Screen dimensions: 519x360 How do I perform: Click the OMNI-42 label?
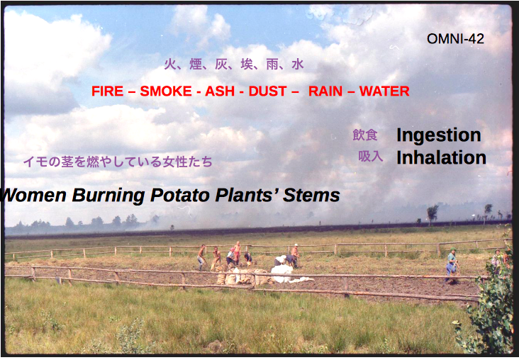click(455, 39)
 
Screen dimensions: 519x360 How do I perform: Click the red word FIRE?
click(108, 91)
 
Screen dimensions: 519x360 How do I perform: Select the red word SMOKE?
click(166, 91)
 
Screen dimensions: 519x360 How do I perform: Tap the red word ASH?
click(220, 91)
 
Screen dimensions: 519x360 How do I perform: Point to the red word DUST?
click(267, 91)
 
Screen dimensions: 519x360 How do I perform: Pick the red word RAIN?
click(325, 91)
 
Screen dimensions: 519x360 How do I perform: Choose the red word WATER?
click(384, 91)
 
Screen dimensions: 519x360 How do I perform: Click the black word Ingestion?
click(439, 135)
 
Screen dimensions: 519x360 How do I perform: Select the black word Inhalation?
click(441, 157)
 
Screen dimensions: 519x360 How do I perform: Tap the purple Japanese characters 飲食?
click(364, 135)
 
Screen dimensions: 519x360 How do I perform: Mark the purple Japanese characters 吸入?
click(370, 156)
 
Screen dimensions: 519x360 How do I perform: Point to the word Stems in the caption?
click(311, 195)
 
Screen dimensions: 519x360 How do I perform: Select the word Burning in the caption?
click(108, 196)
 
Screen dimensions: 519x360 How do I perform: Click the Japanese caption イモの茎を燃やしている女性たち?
click(118, 162)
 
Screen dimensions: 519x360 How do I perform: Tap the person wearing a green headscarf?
click(452, 265)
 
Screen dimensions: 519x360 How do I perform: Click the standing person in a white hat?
click(295, 254)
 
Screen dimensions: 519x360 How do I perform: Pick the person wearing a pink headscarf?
click(230, 257)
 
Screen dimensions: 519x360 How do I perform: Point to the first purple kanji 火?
click(169, 64)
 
